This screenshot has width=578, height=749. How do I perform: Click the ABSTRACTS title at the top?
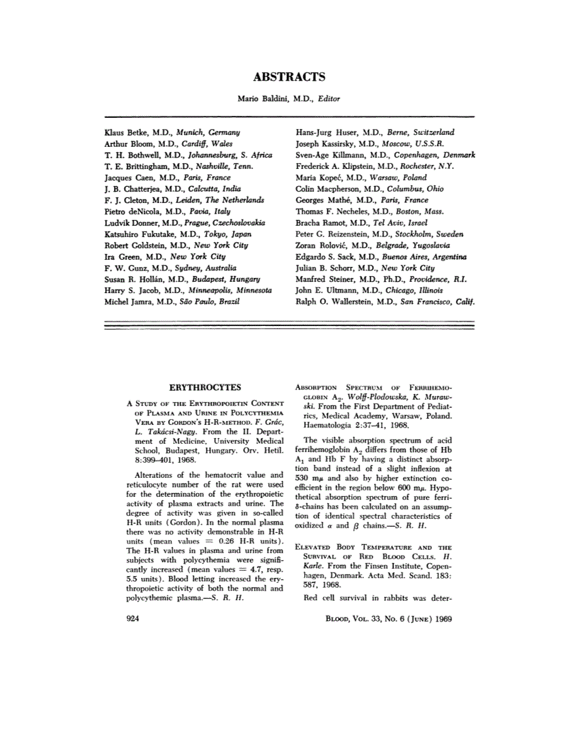click(289, 78)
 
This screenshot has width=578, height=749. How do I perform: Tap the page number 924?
click(133, 618)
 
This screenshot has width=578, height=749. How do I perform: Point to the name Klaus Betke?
click(125, 133)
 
